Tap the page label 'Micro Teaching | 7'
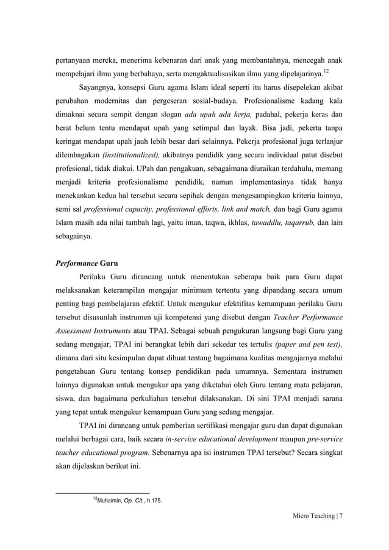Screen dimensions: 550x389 coord(317,516)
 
